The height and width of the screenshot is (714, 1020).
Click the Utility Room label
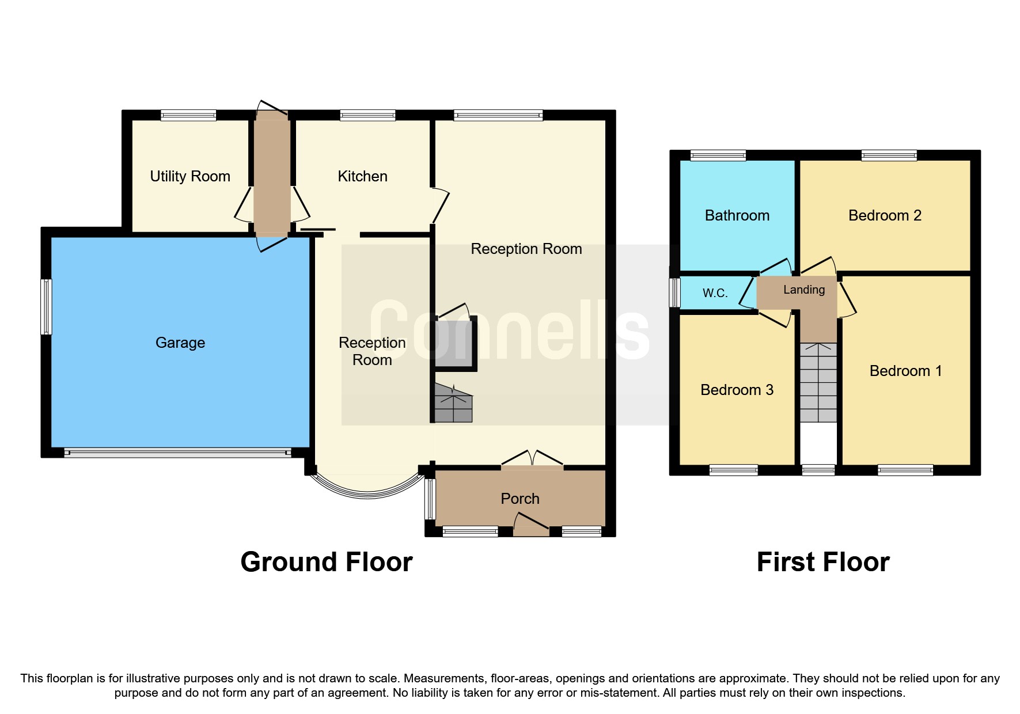click(x=190, y=176)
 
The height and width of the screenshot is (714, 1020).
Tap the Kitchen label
click(x=362, y=176)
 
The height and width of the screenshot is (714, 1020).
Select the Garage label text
click(x=180, y=343)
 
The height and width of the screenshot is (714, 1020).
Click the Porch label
click(x=520, y=499)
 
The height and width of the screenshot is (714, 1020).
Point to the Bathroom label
click(x=737, y=215)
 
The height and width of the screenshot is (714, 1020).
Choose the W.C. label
click(x=715, y=293)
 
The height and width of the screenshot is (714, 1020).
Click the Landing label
click(x=803, y=290)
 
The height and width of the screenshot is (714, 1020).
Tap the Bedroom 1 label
click(x=905, y=371)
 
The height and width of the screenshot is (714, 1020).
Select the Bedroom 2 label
click(x=885, y=215)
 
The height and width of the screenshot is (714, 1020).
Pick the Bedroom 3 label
click(x=737, y=390)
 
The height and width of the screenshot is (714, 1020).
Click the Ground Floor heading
click(x=327, y=562)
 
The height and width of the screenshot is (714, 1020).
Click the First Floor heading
click(x=823, y=562)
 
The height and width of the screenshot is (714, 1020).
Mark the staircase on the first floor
click(x=818, y=383)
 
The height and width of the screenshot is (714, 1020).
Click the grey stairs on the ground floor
click(x=453, y=404)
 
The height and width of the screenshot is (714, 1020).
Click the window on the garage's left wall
click(x=46, y=307)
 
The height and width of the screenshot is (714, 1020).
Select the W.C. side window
click(x=674, y=293)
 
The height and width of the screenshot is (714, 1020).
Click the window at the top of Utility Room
click(x=188, y=116)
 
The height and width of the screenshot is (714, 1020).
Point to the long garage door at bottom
click(x=177, y=453)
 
